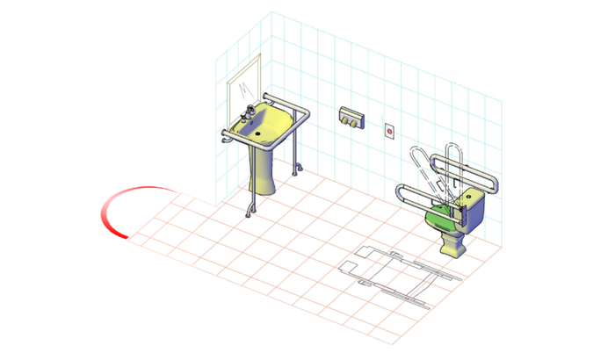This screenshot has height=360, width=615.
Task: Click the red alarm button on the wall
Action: click(x=389, y=131)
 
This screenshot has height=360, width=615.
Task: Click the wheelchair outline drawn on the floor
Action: click(x=400, y=272)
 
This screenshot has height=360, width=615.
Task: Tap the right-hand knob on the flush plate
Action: click(x=355, y=122)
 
